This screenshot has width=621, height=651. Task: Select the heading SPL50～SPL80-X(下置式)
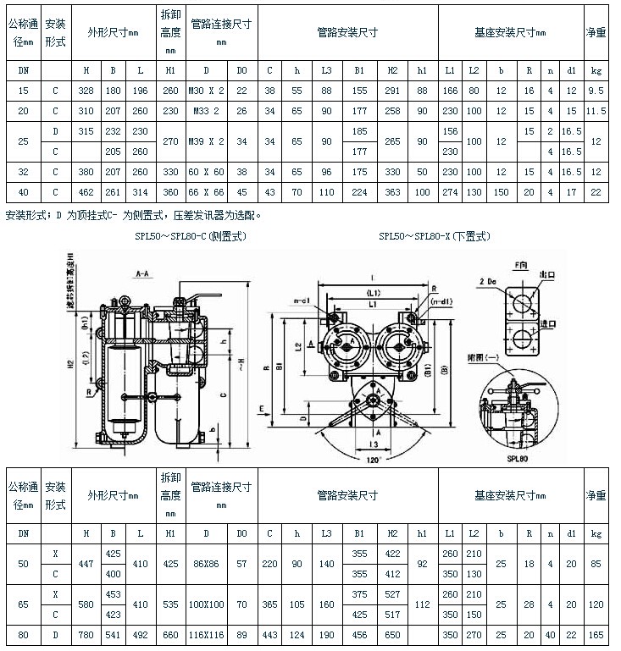click(x=435, y=236)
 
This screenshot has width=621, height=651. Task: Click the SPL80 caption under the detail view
click(x=518, y=455)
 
